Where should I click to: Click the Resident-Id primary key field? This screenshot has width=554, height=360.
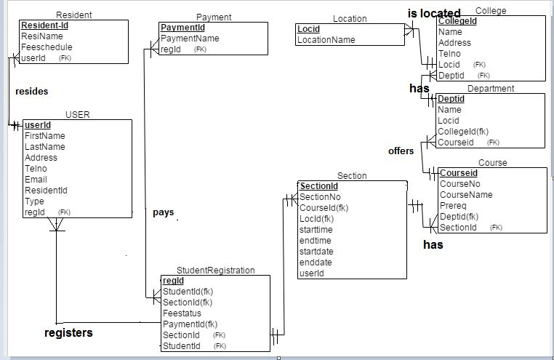[44, 25]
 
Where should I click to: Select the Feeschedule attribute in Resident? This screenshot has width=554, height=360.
[47, 47]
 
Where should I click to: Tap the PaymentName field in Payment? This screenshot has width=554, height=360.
[190, 39]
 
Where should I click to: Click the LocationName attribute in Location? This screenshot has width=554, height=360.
[326, 40]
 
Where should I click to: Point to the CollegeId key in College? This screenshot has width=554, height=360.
[458, 22]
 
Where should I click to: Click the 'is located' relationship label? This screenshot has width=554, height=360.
[434, 13]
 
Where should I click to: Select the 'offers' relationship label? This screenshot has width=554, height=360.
[401, 151]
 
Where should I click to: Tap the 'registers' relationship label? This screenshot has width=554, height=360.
[68, 333]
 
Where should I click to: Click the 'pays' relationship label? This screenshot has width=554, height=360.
[163, 213]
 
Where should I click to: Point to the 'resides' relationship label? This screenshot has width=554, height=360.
[31, 92]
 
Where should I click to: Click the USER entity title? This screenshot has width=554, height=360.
[78, 114]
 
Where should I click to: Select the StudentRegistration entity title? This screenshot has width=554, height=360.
[216, 270]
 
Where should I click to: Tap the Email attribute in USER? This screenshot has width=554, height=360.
[36, 180]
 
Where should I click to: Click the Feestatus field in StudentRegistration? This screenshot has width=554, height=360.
[182, 313]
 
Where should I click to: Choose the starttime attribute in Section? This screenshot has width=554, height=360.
[316, 230]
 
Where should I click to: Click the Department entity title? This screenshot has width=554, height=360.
[491, 89]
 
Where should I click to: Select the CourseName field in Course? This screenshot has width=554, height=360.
[466, 195]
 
